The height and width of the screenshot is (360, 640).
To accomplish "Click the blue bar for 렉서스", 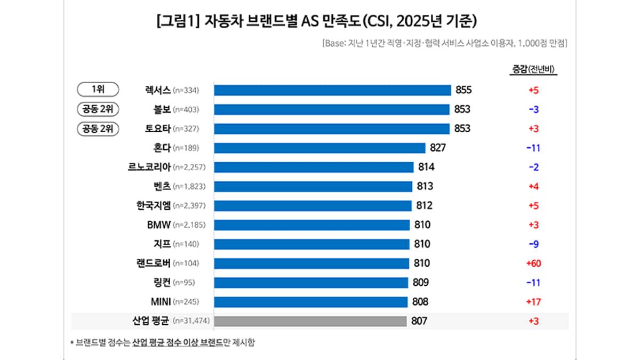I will (332, 90).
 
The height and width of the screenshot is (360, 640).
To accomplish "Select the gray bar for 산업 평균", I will (310, 321).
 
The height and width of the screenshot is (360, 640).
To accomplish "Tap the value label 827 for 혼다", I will (437, 148).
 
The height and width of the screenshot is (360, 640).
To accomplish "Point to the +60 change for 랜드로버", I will (533, 263).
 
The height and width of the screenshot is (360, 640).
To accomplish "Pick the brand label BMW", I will (158, 225).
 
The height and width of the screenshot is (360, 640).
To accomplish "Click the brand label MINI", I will (160, 302).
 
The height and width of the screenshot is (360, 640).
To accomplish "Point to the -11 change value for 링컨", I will (533, 283).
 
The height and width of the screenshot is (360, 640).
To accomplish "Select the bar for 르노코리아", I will (314, 167).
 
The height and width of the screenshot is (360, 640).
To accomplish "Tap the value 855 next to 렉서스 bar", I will (464, 90).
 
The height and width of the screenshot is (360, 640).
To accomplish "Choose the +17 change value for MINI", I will (533, 302).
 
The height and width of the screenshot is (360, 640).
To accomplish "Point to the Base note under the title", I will (444, 43).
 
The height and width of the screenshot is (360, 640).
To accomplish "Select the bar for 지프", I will (311, 244).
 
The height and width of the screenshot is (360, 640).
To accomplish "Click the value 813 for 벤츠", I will (425, 186).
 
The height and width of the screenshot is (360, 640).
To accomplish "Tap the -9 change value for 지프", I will (533, 244).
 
